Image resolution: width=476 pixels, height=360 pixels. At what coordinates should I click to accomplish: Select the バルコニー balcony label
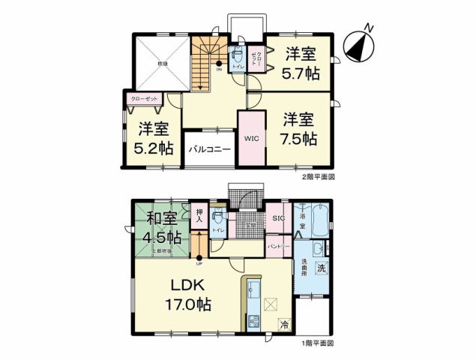point(209,149)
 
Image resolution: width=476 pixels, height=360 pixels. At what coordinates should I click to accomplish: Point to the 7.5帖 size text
point(300,138)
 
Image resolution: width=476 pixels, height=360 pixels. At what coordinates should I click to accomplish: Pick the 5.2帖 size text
point(151,148)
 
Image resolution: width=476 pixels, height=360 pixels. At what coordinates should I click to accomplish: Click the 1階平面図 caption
point(317,343)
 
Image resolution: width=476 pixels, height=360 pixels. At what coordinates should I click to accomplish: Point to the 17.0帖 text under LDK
point(188,304)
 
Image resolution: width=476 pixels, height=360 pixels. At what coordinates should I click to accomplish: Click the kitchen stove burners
point(251,322)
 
